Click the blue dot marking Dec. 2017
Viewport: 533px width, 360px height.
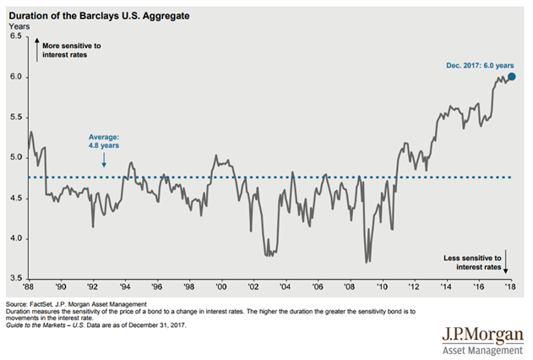(511, 76)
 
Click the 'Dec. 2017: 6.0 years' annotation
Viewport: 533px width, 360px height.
(470, 63)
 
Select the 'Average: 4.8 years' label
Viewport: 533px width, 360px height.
(106, 140)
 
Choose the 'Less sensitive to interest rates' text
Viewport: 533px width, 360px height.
(473, 260)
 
